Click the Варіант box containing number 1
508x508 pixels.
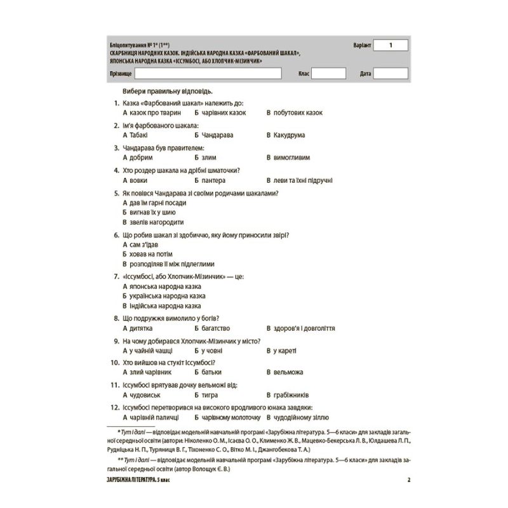tap(391, 46)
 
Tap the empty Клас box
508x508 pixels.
tap(328, 74)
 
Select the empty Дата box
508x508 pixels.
tap(391, 74)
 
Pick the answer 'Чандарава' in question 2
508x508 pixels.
tap(219, 135)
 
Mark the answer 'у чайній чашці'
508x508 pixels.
tap(152, 351)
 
